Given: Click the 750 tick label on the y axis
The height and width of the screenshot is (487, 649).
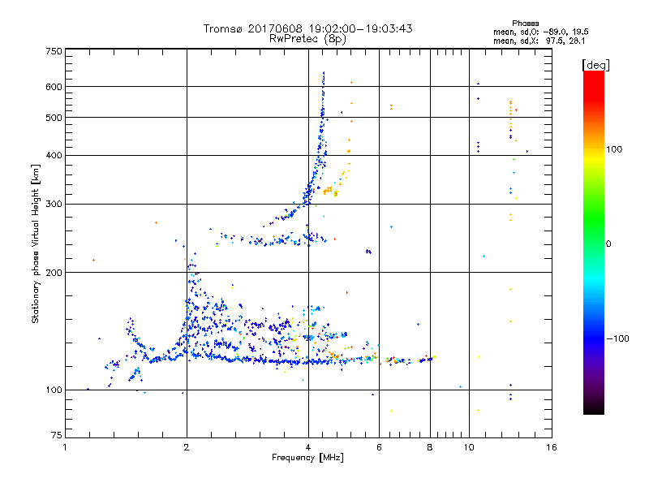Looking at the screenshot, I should point(54,50).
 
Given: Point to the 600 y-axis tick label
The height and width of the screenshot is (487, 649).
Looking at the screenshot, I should point(54,86).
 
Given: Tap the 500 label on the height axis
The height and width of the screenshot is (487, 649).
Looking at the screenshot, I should point(54,117).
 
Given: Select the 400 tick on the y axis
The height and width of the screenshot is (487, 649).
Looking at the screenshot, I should point(54,155).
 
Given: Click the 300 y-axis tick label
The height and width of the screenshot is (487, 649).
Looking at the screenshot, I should point(54,204).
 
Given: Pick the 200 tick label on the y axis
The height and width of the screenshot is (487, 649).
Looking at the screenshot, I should point(54,272).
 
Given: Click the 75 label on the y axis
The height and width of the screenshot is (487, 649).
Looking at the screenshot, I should point(56,437).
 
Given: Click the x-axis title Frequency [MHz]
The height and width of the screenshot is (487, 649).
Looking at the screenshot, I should point(307,458).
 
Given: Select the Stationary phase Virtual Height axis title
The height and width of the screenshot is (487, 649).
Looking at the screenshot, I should point(36,243).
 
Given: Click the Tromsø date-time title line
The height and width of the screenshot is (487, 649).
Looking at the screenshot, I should point(307,28).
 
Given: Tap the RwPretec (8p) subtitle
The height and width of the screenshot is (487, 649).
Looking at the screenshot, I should point(307,38).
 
